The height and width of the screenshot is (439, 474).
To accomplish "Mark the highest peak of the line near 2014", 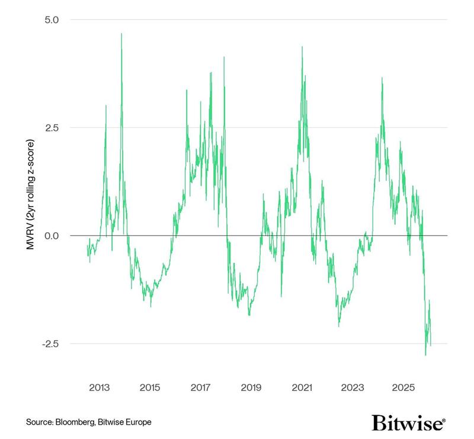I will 121,33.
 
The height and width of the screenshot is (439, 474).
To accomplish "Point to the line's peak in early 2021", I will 302,47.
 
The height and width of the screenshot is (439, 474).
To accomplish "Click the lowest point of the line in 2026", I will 425,355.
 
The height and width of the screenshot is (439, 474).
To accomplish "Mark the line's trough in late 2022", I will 339,326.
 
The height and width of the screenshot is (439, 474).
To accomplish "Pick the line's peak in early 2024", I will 382,78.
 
